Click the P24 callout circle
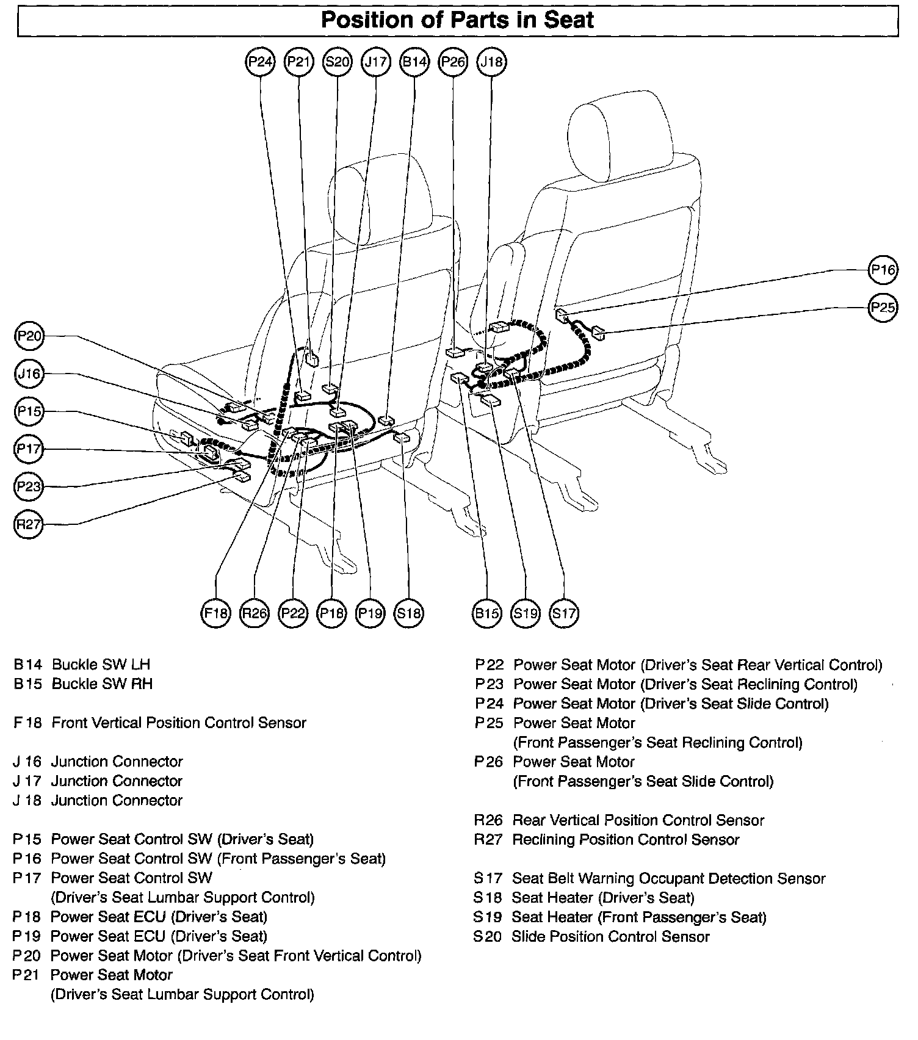tap(261, 62)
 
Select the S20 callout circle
tap(338, 62)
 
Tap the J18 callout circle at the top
tap(492, 62)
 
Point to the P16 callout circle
tap(883, 270)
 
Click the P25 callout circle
tap(883, 307)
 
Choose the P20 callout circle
tap(29, 336)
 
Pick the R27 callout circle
tap(29, 524)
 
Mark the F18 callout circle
tap(215, 613)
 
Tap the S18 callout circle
tap(409, 613)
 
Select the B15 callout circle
tap(486, 613)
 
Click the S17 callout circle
tap(563, 613)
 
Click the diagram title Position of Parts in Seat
tap(457, 20)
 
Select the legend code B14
tap(27, 665)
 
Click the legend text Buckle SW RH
tap(102, 684)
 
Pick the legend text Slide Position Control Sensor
tap(610, 937)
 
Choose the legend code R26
tap(488, 820)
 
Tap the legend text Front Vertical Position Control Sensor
tap(179, 723)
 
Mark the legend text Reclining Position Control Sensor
tap(626, 840)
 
